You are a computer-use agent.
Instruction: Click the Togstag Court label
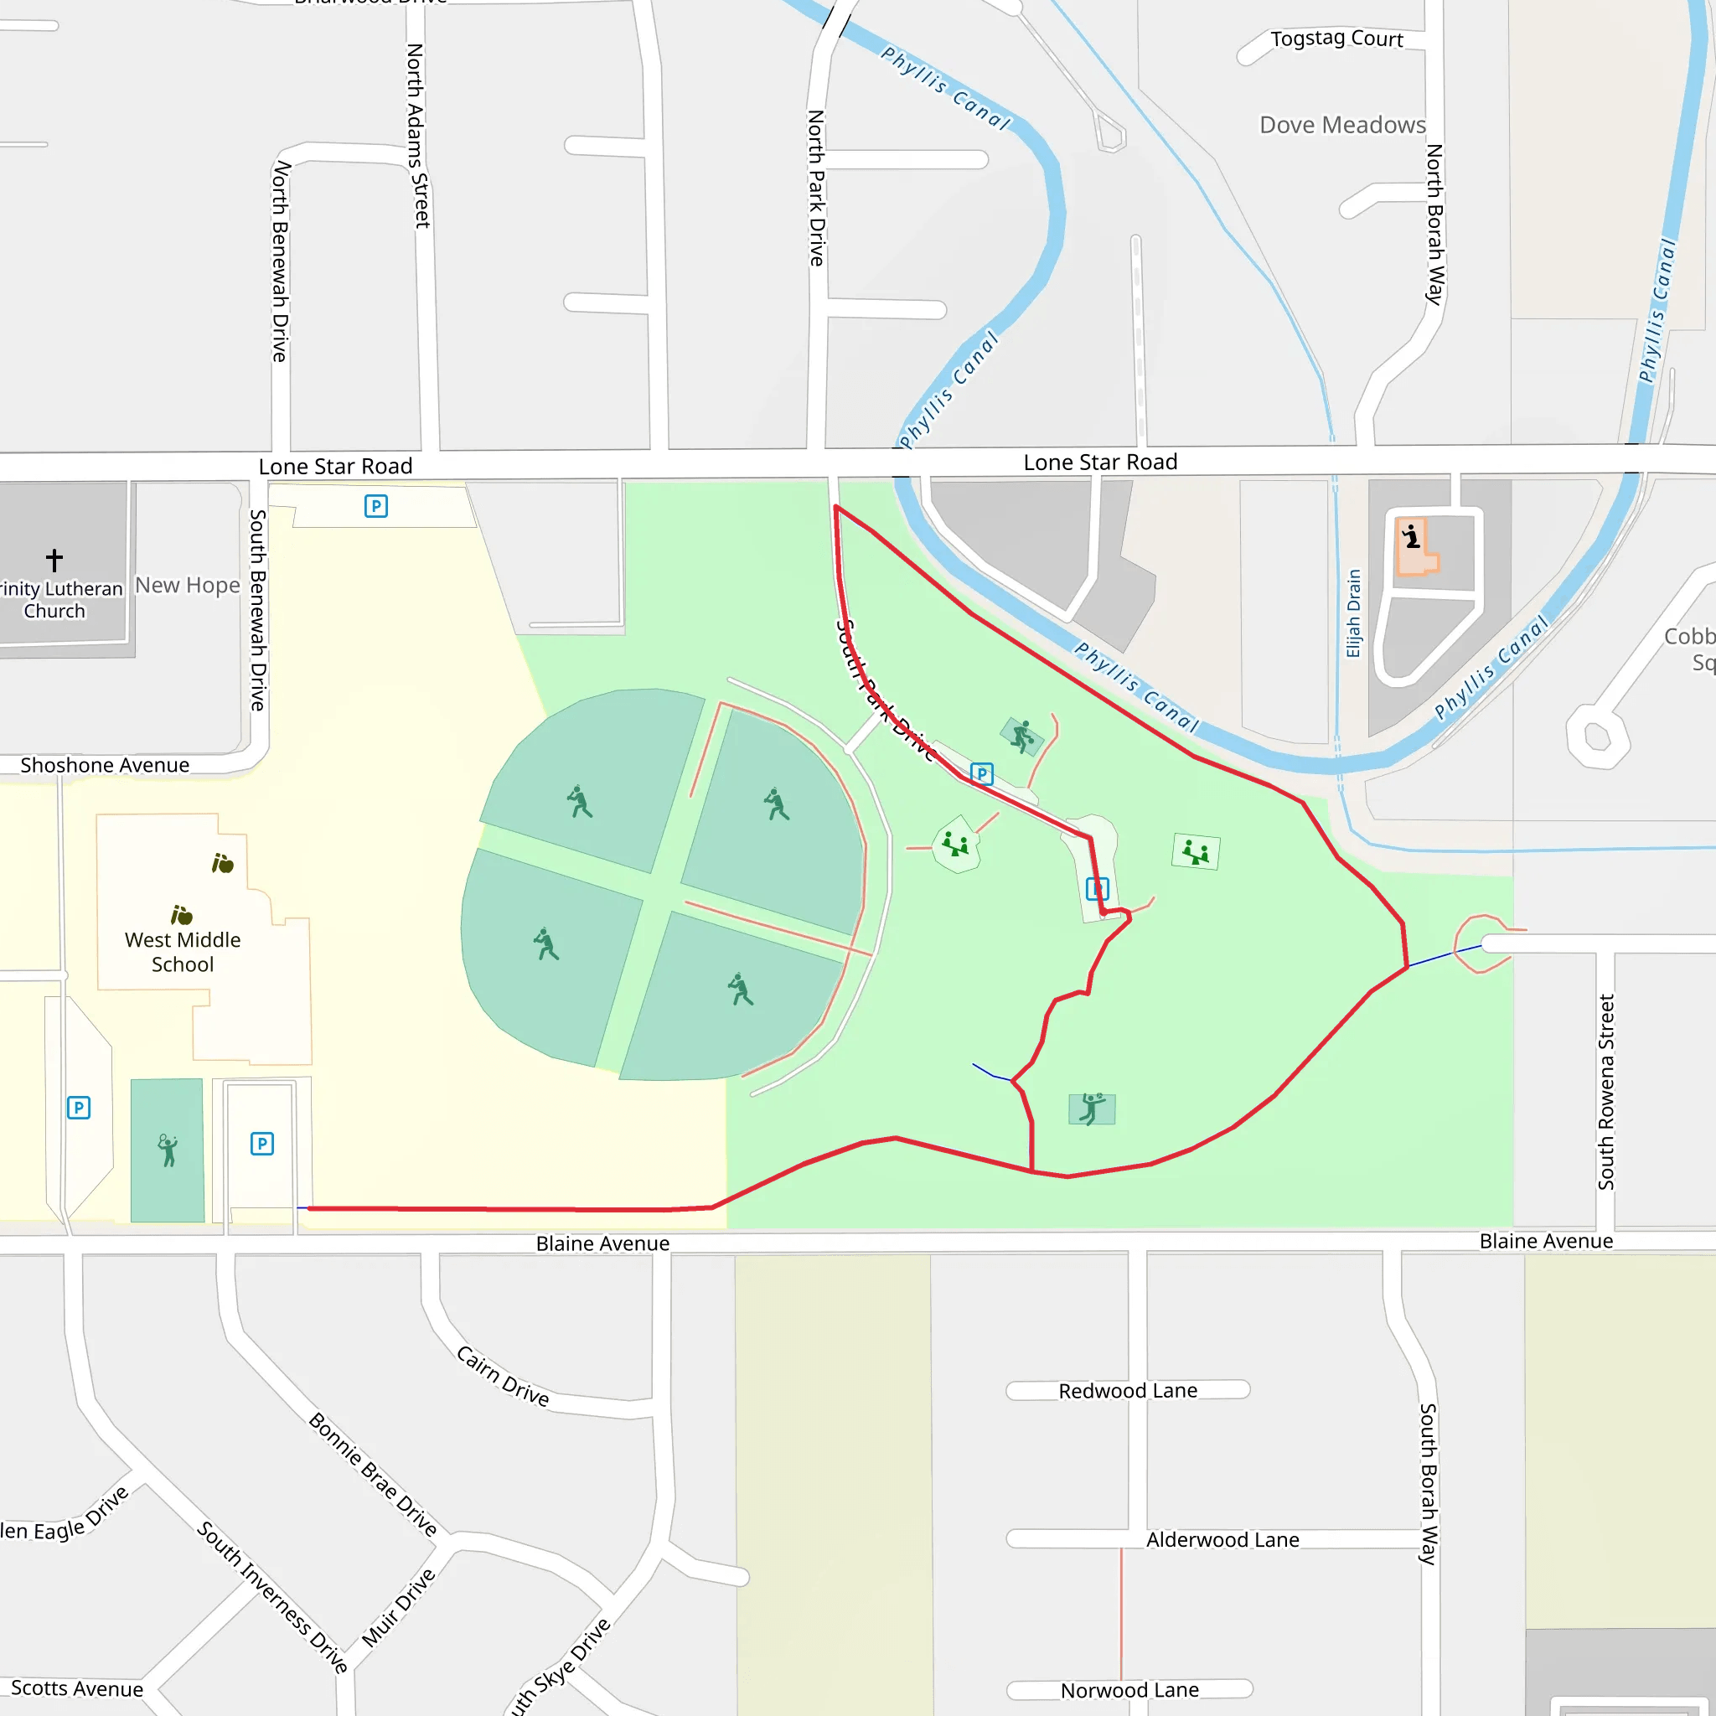[1336, 39]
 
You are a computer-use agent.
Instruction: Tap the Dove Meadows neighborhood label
[1342, 125]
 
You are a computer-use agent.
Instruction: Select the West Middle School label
[183, 951]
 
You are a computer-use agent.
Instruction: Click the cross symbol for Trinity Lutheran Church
[54, 560]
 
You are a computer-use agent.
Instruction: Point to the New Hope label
[188, 586]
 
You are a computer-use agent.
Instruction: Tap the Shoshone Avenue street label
[105, 765]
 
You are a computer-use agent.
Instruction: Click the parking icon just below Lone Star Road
[375, 506]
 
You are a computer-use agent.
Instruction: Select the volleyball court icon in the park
[1092, 1109]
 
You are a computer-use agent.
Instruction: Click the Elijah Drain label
[1354, 612]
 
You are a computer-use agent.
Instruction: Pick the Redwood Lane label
[1127, 1391]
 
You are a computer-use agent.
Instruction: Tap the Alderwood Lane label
[1222, 1539]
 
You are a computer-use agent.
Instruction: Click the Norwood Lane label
[1129, 1689]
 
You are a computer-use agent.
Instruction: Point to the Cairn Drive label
[503, 1376]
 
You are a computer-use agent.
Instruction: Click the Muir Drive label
[399, 1608]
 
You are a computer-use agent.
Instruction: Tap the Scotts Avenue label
[77, 1688]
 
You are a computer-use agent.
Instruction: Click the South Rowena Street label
[1606, 1092]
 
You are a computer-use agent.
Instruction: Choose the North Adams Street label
[417, 135]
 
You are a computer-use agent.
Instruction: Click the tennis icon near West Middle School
[167, 1150]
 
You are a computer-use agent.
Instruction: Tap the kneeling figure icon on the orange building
[1411, 537]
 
